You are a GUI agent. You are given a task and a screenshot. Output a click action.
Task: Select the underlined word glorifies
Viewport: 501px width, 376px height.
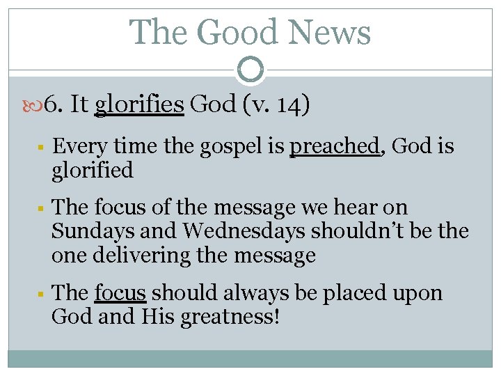pyautogui.click(x=139, y=104)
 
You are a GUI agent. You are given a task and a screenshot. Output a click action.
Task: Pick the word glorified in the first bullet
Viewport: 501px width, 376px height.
pyautogui.click(x=92, y=171)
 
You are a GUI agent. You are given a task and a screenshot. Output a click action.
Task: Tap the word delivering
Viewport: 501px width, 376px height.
pyautogui.click(x=166, y=256)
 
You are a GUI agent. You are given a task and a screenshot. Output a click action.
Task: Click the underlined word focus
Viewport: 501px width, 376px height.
pyautogui.click(x=120, y=292)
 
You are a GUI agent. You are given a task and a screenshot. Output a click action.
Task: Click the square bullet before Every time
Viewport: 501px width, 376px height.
pyautogui.click(x=42, y=148)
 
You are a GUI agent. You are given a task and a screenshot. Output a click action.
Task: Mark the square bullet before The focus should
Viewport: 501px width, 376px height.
pyautogui.click(x=42, y=294)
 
